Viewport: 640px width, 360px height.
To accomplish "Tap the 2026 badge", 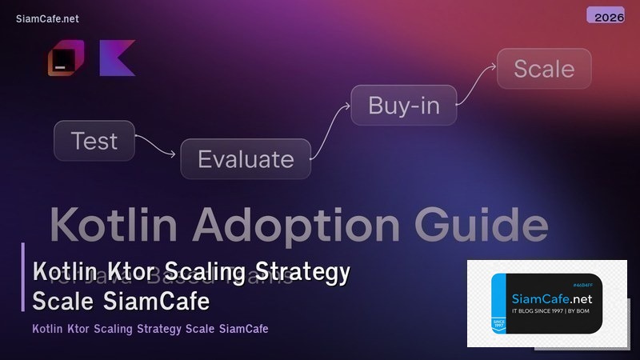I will click(605, 16).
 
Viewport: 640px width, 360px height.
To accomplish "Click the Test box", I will click(94, 141).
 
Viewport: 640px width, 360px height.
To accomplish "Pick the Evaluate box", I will click(246, 158).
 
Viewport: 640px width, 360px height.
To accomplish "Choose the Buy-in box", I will click(403, 105).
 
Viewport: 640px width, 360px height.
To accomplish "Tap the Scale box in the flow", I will click(544, 69).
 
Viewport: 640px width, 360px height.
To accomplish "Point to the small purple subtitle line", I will click(150, 329).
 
